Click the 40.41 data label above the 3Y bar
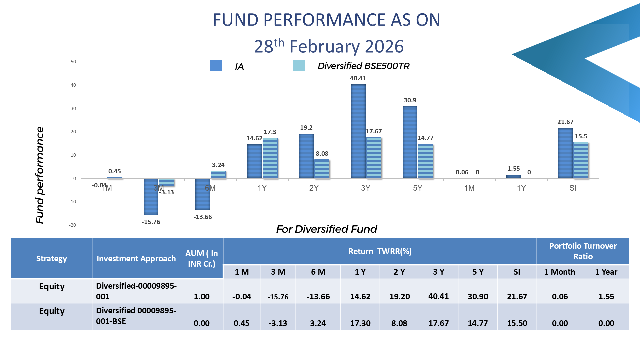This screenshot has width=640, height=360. click(358, 78)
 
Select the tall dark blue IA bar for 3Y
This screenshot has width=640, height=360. click(358, 131)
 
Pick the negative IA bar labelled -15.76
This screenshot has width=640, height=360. click(151, 197)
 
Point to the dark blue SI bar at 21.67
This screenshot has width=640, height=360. click(565, 153)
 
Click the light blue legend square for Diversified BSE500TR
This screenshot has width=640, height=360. click(299, 66)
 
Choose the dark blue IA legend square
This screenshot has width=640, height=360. click(216, 65)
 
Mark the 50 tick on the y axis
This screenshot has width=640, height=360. click(73, 62)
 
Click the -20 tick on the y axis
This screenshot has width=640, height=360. click(73, 225)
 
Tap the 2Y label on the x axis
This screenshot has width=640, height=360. click(314, 188)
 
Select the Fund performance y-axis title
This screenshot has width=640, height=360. click(40, 175)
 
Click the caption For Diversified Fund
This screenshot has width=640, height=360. click(326, 229)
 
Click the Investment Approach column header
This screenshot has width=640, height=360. click(136, 259)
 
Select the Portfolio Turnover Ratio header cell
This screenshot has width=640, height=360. click(583, 251)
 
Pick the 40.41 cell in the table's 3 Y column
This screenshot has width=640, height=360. click(438, 296)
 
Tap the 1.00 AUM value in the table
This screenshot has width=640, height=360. click(202, 297)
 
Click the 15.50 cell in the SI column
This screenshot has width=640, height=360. click(517, 323)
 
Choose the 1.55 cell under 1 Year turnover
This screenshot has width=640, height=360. click(606, 297)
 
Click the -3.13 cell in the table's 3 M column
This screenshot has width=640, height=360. click(278, 323)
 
